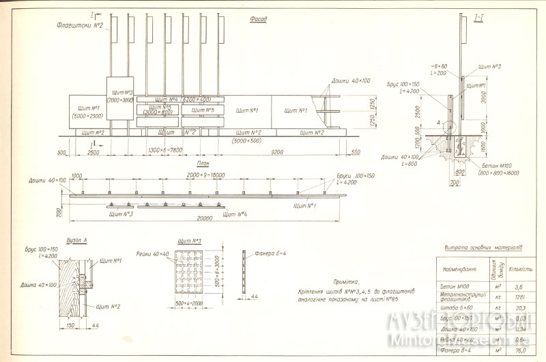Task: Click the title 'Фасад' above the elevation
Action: [x=259, y=20]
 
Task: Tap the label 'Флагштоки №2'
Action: [x=81, y=26]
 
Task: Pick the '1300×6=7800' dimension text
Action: [x=164, y=150]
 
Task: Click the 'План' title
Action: [x=202, y=165]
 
